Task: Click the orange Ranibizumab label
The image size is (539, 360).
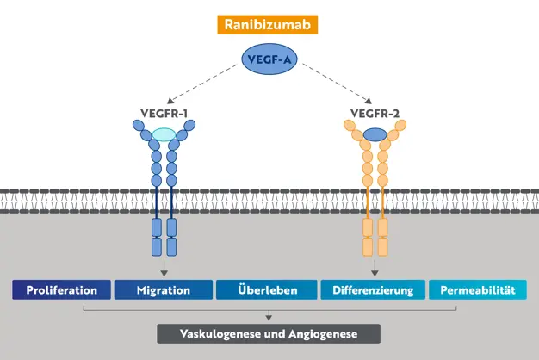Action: [x=269, y=24]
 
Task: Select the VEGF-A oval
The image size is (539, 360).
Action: [x=269, y=59]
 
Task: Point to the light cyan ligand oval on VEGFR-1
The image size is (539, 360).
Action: [x=164, y=134]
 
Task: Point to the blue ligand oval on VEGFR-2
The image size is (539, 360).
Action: [x=375, y=134]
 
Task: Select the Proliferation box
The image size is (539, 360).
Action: [x=61, y=290]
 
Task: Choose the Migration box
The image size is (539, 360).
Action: [x=164, y=290]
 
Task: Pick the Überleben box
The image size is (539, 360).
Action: [x=269, y=290]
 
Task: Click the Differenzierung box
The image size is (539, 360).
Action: [x=374, y=290]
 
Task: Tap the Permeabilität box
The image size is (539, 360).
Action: [x=478, y=290]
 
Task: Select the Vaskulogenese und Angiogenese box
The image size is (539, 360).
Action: [x=269, y=333]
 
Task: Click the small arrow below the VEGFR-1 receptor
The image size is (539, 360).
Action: [x=164, y=269]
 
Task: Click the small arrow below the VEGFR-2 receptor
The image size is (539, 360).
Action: [x=375, y=269]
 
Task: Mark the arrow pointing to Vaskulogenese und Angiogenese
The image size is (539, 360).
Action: [x=269, y=315]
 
